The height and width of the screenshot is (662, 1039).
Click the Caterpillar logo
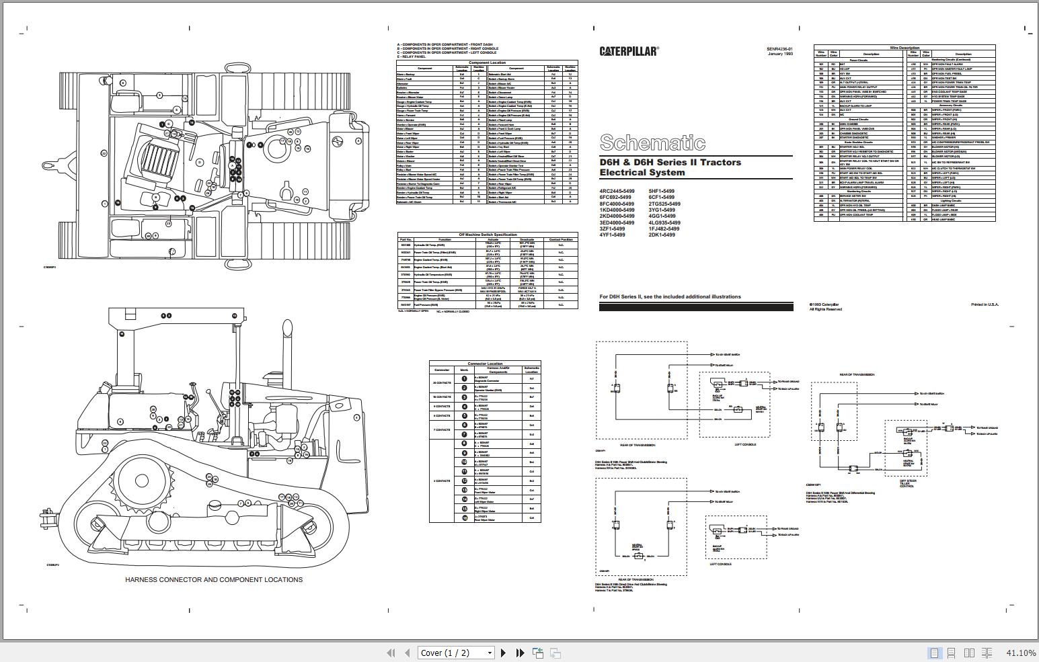pyautogui.click(x=629, y=51)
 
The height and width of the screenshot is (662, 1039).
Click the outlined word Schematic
pyautogui.click(x=652, y=142)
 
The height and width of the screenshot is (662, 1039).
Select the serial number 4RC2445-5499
pyautogui.click(x=617, y=192)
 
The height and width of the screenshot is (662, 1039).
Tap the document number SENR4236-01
pyautogui.click(x=779, y=49)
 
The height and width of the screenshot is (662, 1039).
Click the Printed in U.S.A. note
pyautogui.click(x=985, y=305)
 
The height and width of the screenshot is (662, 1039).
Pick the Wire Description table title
pyautogui.click(x=904, y=48)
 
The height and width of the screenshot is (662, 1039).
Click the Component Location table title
pyautogui.click(x=487, y=63)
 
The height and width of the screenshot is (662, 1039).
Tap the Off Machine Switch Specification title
pyautogui.click(x=488, y=235)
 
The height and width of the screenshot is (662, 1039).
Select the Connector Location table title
pyautogui.click(x=485, y=364)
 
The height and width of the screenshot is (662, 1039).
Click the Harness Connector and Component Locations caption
pyautogui.click(x=214, y=579)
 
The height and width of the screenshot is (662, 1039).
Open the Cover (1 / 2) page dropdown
pyautogui.click(x=455, y=653)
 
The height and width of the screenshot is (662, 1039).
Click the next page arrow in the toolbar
pyautogui.click(x=503, y=653)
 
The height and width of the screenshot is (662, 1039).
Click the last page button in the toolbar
pyautogui.click(x=519, y=653)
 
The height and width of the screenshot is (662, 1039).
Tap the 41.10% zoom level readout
pyautogui.click(x=1020, y=653)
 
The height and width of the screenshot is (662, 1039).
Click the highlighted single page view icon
pyautogui.click(x=934, y=653)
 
